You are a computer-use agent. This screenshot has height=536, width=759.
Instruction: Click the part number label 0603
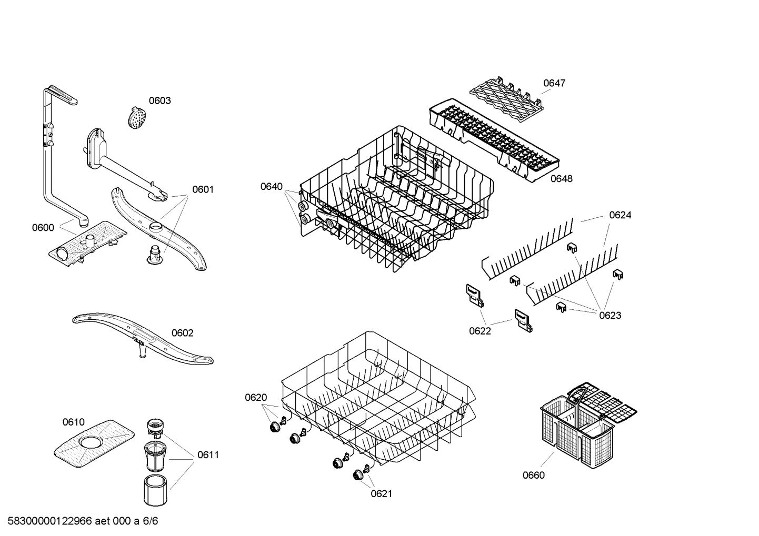(159, 100)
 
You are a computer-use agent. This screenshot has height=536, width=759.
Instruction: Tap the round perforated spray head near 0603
(136, 118)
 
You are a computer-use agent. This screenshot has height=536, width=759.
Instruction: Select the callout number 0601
(203, 189)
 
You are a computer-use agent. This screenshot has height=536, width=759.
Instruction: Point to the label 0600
(43, 227)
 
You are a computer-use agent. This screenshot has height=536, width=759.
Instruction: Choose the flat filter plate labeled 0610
(94, 440)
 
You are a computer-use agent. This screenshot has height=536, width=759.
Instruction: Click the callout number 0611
(208, 454)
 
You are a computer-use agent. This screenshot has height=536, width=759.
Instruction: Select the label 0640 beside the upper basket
(271, 186)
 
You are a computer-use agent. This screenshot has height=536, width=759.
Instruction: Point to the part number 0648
(561, 178)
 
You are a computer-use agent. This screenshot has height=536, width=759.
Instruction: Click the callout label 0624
(620, 215)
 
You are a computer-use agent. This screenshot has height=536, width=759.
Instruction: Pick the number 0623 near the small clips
(610, 315)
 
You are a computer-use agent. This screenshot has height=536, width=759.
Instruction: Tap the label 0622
(480, 331)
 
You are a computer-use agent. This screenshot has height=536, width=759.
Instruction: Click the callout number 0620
(256, 397)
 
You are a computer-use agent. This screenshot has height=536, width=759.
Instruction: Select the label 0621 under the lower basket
(382, 493)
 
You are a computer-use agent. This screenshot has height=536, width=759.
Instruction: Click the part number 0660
(534, 475)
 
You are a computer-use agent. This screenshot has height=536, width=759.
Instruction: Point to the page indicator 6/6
(151, 521)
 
